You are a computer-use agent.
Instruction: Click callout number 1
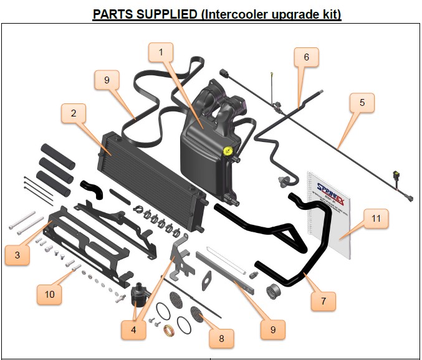tap(161, 52)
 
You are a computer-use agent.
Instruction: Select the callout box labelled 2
tap(74, 113)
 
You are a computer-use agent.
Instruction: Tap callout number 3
tap(17, 255)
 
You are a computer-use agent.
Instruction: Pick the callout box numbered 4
tap(133, 329)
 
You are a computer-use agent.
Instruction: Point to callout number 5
tap(362, 102)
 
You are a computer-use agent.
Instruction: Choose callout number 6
tap(306, 57)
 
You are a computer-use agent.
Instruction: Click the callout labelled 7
tap(324, 301)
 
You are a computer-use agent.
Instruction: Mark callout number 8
tap(222, 338)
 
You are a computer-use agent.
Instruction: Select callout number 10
tap(49, 293)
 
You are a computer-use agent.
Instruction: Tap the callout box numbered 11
tap(376, 219)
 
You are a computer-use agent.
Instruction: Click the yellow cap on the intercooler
tap(229, 151)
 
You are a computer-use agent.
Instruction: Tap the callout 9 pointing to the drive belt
tap(107, 80)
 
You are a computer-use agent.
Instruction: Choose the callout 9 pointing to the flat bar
tap(272, 328)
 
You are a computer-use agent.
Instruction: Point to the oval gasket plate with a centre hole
tap(205, 280)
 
